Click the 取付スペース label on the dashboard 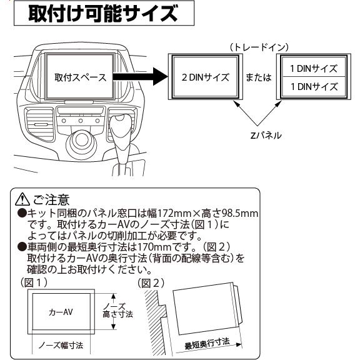[x=79, y=78]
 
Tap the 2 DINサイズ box [x=205, y=78]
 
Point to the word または [x=257, y=78]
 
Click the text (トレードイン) [x=257, y=47]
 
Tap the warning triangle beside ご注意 [x=24, y=201]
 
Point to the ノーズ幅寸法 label [x=61, y=344]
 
